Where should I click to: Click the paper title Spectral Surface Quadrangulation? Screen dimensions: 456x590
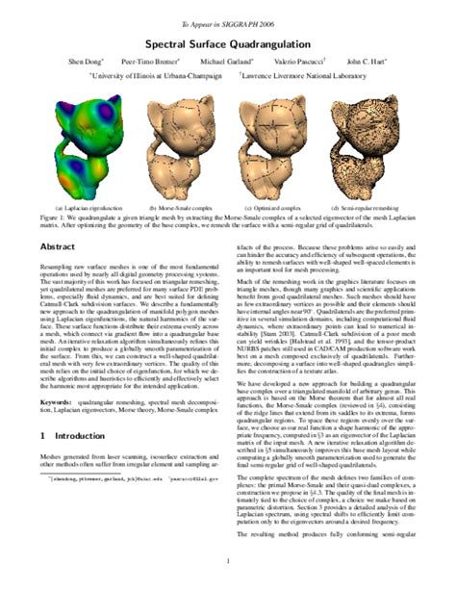tap(227, 43)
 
